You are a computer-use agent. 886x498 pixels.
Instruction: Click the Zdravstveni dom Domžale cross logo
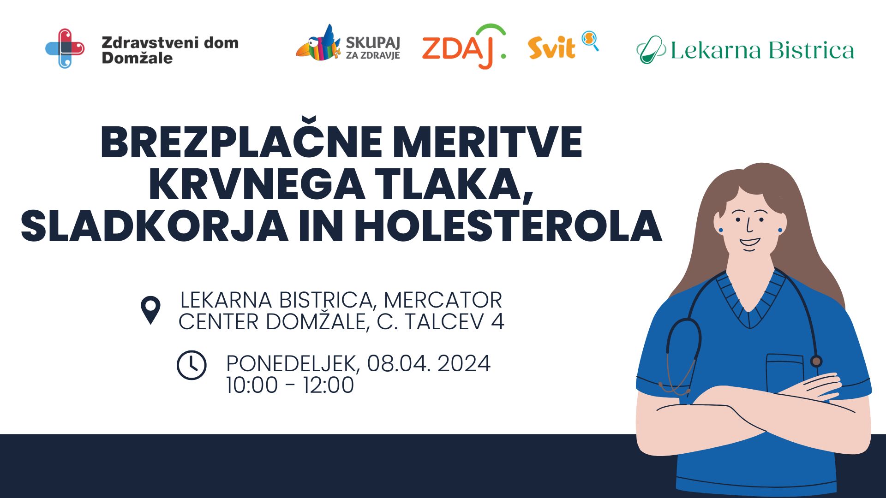pyautogui.click(x=65, y=48)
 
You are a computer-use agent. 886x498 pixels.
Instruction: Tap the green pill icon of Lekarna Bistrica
pyautogui.click(x=650, y=50)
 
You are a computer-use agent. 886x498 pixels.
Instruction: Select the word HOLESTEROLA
pyautogui.click(x=508, y=226)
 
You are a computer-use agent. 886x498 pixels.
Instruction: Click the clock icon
pyautogui.click(x=192, y=365)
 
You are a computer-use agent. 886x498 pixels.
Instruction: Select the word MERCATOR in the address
pyautogui.click(x=443, y=300)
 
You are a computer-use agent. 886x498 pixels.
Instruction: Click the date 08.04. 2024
pyautogui.click(x=429, y=363)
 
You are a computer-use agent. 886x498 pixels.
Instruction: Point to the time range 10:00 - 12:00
pyautogui.click(x=290, y=385)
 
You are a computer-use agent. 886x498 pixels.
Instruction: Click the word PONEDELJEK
pyautogui.click(x=291, y=363)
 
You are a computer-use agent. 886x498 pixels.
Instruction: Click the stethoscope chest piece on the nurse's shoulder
pyautogui.click(x=816, y=361)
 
